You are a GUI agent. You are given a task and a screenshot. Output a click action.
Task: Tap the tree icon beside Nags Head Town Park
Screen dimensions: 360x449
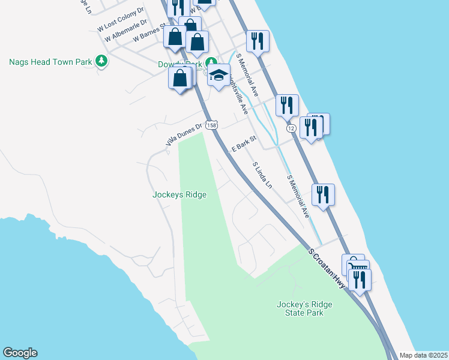pyautogui.click(x=102, y=61)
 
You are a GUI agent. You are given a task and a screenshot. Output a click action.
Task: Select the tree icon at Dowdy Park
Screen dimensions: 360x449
pyautogui.click(x=211, y=63)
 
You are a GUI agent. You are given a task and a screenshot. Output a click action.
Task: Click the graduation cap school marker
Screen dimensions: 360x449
pyautogui.click(x=219, y=75)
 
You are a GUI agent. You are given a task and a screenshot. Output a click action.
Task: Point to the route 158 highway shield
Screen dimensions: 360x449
pyautogui.click(x=211, y=125)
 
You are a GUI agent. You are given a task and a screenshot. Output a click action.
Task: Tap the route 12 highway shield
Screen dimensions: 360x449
pyautogui.click(x=291, y=128)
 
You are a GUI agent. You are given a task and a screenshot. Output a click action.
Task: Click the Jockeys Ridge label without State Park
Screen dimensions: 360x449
pyautogui.click(x=179, y=194)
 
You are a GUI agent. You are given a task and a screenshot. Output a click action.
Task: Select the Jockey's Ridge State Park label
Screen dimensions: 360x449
pyautogui.click(x=304, y=308)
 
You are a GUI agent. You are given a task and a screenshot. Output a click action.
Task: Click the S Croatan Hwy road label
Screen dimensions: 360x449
pyautogui.click(x=327, y=268)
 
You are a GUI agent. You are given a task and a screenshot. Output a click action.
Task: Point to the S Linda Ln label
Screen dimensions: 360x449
pyautogui.click(x=262, y=175)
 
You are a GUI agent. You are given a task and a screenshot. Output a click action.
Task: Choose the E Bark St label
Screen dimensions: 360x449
pyautogui.click(x=244, y=144)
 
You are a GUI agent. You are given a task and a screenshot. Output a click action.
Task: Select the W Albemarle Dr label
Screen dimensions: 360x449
pyautogui.click(x=124, y=29)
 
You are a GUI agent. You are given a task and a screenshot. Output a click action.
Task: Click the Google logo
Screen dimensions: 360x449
pyautogui.click(x=20, y=353)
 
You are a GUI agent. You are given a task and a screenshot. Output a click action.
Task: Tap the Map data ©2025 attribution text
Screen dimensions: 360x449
pyautogui.click(x=423, y=355)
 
